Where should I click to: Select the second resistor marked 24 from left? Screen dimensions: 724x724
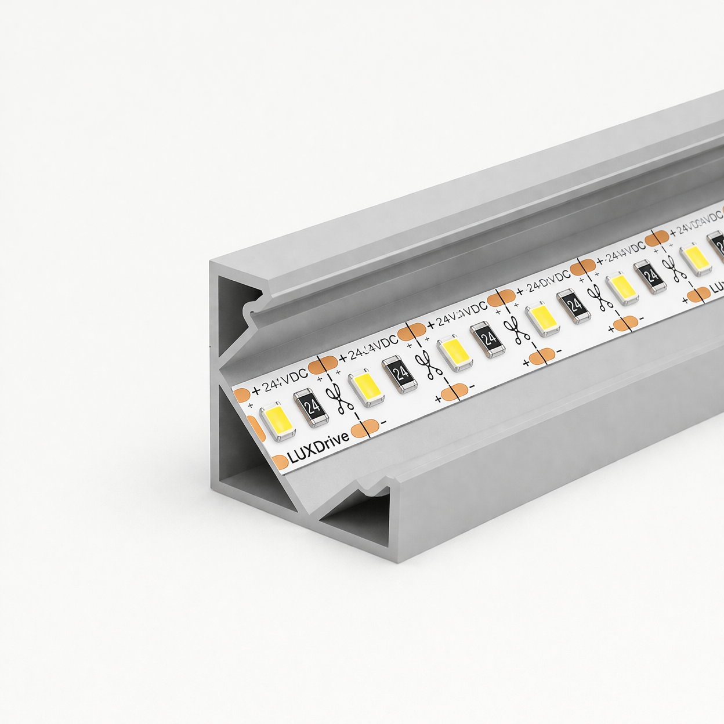coord(399,374)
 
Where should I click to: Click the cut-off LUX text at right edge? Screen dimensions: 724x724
coord(717,287)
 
